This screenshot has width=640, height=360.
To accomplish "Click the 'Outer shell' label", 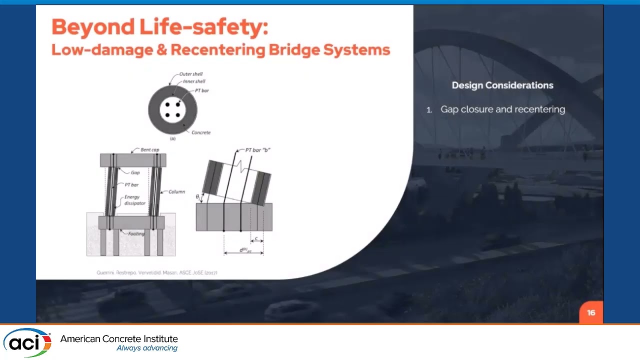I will [x=191, y=74].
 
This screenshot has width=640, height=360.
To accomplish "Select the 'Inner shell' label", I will [x=194, y=81].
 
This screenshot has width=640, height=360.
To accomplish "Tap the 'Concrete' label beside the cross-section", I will [x=201, y=132].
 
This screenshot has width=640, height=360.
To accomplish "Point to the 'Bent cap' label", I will [x=149, y=150].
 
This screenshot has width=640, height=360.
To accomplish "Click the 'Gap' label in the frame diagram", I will [x=135, y=172].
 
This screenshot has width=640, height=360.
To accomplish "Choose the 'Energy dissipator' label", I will [x=135, y=200].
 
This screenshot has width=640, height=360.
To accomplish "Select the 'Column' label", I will [x=176, y=191].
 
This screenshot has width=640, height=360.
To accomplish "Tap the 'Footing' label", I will [x=135, y=233].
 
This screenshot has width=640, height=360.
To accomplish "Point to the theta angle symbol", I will [x=197, y=197].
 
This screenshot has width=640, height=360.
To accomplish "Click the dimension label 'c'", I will [x=256, y=238].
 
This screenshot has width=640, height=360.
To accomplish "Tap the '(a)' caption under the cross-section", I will [x=172, y=138].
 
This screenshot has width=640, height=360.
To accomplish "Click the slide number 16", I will [x=591, y=313].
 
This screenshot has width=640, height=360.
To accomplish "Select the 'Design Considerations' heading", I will [x=502, y=85].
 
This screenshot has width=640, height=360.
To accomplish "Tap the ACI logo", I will [x=27, y=342].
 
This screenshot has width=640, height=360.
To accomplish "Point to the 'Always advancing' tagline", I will [x=147, y=348].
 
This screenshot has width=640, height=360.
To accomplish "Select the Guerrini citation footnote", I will [x=156, y=272].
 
